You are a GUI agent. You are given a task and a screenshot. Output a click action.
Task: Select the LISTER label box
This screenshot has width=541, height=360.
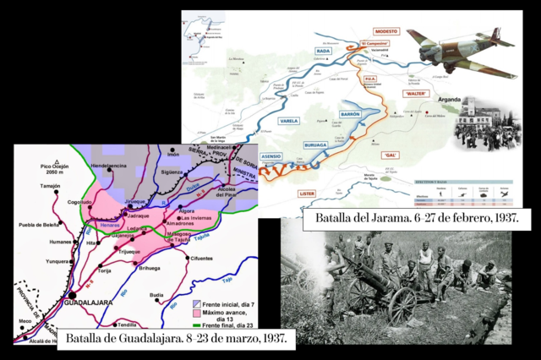pyautogui.click(x=309, y=194)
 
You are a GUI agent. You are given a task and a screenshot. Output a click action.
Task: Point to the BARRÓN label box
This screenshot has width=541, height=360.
pyautogui.click(x=350, y=113)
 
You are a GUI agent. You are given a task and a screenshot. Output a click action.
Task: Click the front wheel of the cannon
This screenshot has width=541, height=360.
pyautogui.click(x=402, y=304)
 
